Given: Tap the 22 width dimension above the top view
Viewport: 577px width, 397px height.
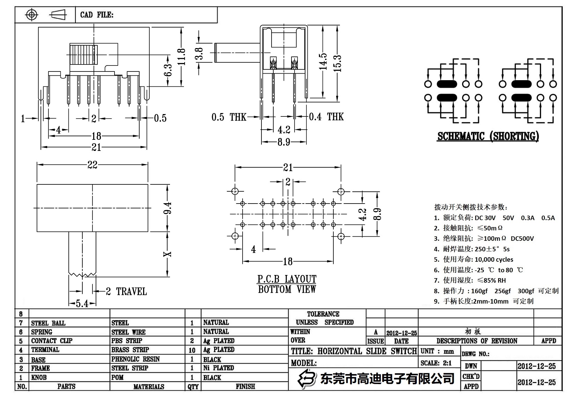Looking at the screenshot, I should [x=93, y=165].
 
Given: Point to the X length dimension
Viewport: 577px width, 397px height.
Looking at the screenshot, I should [x=168, y=254].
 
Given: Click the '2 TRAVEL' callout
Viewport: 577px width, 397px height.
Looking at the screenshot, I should [x=126, y=291].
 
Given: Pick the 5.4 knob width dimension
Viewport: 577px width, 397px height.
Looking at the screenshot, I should [x=82, y=304].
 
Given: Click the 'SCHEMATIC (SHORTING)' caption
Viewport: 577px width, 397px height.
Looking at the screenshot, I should [x=488, y=136].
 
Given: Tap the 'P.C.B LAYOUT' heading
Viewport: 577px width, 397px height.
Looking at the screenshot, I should [x=287, y=279].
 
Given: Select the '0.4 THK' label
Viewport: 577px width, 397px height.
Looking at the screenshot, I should [x=326, y=117].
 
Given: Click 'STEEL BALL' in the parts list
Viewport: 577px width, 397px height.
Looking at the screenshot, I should [x=48, y=323].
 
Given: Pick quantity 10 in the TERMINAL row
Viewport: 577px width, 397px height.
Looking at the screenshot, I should [x=192, y=350].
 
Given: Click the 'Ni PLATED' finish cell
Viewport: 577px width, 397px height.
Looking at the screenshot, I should [x=219, y=368].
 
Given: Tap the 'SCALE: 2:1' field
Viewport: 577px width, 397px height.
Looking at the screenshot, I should [x=436, y=363].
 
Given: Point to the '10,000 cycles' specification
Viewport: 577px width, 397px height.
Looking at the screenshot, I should [x=494, y=259].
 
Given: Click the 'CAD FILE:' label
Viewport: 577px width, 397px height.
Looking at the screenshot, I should [x=97, y=15].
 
